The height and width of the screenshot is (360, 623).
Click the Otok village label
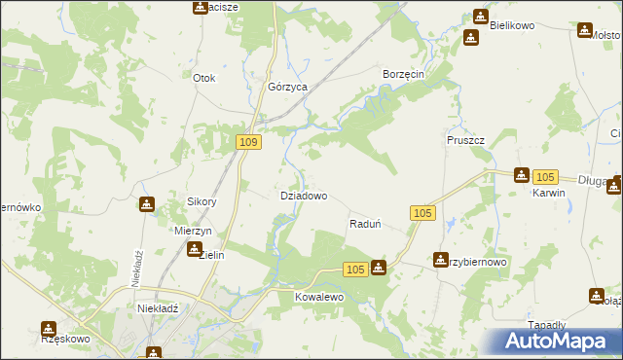tap(203, 78)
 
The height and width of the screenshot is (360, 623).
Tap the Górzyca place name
tap(287, 87)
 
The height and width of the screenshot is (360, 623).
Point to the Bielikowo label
tap(513, 25)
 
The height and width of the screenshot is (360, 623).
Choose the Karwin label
tap(549, 193)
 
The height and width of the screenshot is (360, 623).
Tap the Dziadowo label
tap(304, 196)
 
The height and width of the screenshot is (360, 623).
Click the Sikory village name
tap(202, 202)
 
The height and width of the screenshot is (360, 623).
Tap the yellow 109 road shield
tap(248, 143)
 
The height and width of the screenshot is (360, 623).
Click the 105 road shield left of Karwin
tap(545, 176)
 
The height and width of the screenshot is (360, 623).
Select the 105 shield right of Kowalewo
tap(354, 270)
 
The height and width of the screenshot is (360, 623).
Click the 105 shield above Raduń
tap(421, 213)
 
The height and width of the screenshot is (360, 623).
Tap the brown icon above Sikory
tap(147, 204)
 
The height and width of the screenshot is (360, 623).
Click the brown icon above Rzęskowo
tap(48, 328)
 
